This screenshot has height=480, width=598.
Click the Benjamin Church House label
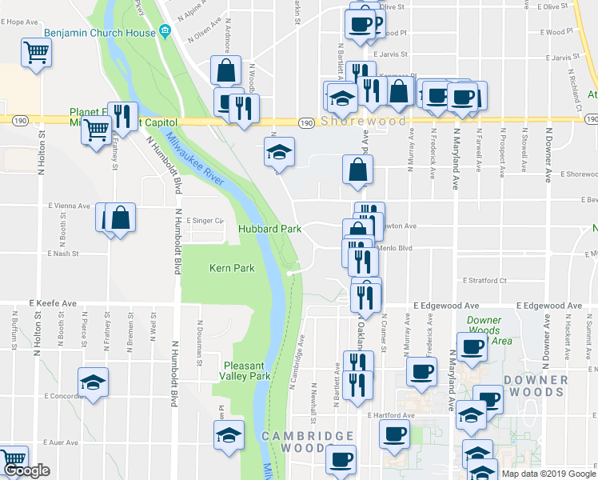[102, 32]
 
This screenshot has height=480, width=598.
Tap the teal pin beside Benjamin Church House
[165, 32]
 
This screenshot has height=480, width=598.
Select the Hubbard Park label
[270, 229]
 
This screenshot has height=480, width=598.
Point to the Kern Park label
[232, 268]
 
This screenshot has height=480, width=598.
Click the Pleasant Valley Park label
[245, 370]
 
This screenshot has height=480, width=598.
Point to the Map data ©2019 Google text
[548, 474]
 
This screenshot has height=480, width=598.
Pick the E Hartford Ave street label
[392, 415]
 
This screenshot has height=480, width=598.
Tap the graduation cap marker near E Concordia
[94, 382]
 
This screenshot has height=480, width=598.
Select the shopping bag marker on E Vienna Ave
[120, 218]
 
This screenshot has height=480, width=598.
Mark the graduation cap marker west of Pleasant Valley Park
[229, 435]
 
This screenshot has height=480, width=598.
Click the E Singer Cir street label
[204, 221]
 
